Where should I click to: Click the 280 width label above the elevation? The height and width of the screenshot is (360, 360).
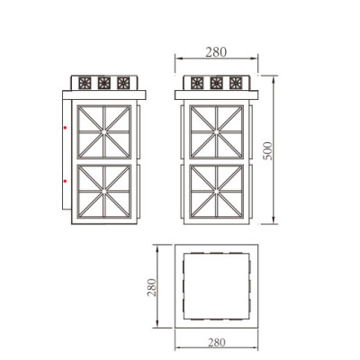216,51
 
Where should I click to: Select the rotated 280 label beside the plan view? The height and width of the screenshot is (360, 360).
153,287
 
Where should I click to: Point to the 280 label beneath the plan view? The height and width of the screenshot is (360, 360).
216,342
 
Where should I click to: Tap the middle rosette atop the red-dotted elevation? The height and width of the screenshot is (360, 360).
106,83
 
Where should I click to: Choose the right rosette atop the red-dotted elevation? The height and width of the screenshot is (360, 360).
124,83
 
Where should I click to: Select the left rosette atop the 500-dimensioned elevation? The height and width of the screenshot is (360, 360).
198,83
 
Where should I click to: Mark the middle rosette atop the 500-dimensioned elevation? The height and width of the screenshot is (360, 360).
216,83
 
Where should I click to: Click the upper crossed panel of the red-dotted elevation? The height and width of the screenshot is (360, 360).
106,131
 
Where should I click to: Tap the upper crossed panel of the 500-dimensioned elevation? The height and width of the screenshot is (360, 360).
217,131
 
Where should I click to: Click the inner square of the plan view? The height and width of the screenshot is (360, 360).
215,287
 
